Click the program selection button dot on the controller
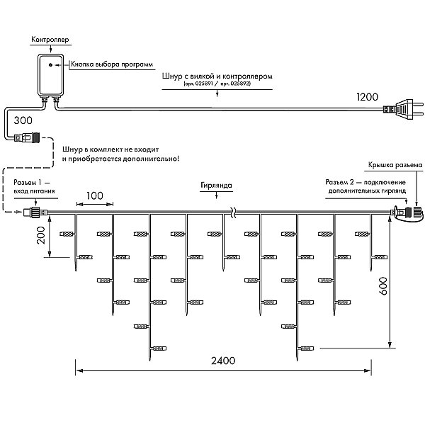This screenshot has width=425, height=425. tap(50, 64)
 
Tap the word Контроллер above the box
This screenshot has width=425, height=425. tap(50, 39)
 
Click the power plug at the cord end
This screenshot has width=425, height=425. tap(403, 109)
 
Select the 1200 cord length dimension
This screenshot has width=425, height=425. tap(367, 97)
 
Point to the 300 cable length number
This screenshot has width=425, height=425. tap(23, 120)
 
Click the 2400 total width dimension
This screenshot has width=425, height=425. tap(223, 361)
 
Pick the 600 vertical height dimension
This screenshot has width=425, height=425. tap(383, 285)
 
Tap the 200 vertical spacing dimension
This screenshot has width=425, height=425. tap(41, 235)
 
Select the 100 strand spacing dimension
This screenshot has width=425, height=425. tap(95, 195)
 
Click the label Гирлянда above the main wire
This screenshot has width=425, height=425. tap(216, 186)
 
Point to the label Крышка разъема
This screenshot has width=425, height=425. tap(395, 165)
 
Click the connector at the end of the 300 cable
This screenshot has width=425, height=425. tap(27, 137)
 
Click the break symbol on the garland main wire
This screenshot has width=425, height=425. tap(233, 212)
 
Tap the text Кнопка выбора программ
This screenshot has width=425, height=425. tap(112, 64)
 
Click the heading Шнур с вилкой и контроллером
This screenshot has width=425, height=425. tap(217, 76)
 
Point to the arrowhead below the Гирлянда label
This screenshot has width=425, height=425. tap(216, 196)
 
